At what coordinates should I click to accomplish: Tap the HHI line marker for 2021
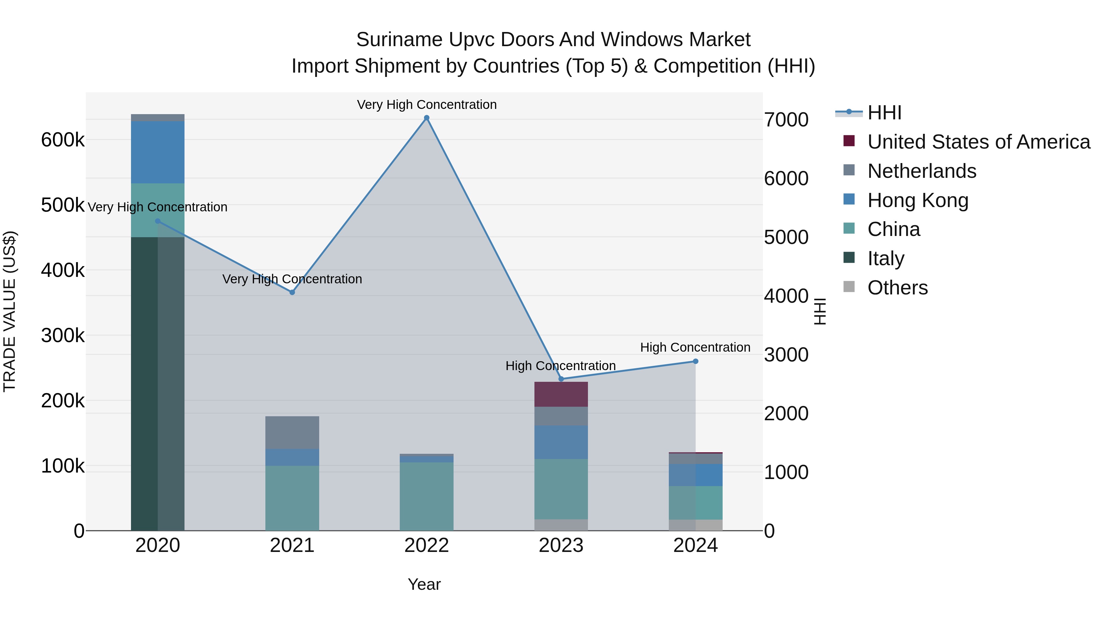tap(292, 292)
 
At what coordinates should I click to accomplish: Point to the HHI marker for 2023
tap(561, 379)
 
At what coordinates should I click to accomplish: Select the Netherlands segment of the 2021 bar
tap(292, 432)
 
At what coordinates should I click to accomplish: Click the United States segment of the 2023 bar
tap(561, 394)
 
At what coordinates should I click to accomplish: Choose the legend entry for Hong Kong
tap(918, 200)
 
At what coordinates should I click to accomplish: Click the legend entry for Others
tap(897, 288)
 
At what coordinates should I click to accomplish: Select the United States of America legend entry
tap(978, 142)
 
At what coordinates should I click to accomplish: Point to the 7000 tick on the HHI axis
tap(786, 120)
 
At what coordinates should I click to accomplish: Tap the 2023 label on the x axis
tap(561, 545)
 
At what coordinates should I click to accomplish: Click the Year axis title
tap(424, 584)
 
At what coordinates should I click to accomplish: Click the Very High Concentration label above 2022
tap(427, 105)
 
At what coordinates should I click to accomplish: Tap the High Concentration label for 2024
tap(695, 347)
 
